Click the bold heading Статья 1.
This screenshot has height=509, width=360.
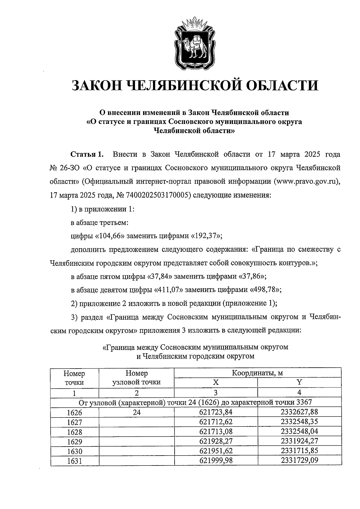(x=87, y=155)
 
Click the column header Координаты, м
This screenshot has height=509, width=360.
(x=257, y=373)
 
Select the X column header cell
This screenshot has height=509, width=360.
(x=216, y=382)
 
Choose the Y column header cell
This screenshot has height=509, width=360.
(x=299, y=382)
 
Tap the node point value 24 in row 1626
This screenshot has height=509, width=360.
(x=136, y=413)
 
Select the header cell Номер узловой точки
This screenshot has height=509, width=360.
(x=136, y=378)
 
